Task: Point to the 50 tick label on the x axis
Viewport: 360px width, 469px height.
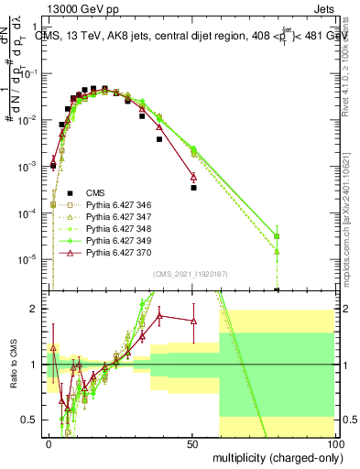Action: click(191, 443)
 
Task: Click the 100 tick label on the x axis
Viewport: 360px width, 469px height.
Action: click(334, 443)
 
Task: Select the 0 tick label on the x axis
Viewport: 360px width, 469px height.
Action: click(49, 443)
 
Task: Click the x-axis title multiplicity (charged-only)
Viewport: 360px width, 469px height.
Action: click(274, 457)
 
